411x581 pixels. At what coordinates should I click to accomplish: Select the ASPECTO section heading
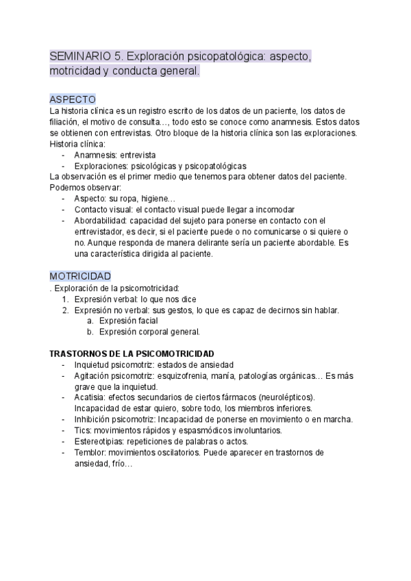pos(73,99)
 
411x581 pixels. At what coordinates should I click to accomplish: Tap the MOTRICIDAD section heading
pos(80,275)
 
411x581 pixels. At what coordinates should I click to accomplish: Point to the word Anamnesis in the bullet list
pos(95,156)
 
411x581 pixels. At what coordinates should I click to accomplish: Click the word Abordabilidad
pos(102,221)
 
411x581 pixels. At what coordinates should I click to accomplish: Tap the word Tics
pos(82,430)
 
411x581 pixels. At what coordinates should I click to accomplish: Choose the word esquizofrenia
pos(181,375)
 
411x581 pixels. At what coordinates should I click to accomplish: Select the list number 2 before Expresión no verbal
pos(65,310)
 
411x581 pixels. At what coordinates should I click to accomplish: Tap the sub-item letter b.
pos(90,332)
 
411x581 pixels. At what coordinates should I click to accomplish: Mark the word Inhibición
pos(95,419)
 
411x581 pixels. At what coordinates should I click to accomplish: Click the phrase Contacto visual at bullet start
pos(103,210)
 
